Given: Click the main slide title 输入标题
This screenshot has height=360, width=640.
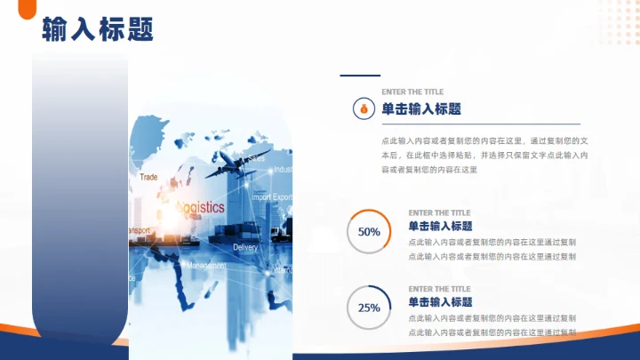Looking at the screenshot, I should (x=97, y=30).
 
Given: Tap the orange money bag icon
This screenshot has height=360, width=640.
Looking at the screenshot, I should (x=363, y=108).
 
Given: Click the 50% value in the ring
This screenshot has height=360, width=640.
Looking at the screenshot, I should (x=369, y=232).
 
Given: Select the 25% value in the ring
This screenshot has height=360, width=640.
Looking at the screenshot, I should (x=369, y=308).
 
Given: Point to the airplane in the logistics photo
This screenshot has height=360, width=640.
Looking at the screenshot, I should (x=233, y=162).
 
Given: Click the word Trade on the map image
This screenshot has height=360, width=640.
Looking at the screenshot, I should (x=148, y=177).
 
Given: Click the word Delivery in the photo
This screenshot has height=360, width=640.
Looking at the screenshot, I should (x=244, y=247).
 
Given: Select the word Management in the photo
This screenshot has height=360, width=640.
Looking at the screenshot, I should (x=206, y=265).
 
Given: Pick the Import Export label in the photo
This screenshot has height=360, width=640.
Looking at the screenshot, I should (x=271, y=196).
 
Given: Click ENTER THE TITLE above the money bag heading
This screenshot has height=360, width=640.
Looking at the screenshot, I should (x=412, y=92).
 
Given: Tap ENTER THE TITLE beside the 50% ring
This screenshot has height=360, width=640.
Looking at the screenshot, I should (x=439, y=213).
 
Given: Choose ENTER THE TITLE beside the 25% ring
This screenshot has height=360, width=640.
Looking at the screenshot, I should (x=439, y=289).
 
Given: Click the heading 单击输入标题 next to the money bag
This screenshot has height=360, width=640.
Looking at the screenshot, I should (x=421, y=108).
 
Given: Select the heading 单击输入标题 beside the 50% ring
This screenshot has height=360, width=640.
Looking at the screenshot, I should (x=440, y=226).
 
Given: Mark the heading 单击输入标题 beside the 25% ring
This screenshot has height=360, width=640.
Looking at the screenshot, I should (x=440, y=302).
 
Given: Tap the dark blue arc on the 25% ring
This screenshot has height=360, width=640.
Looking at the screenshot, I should (x=384, y=293).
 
